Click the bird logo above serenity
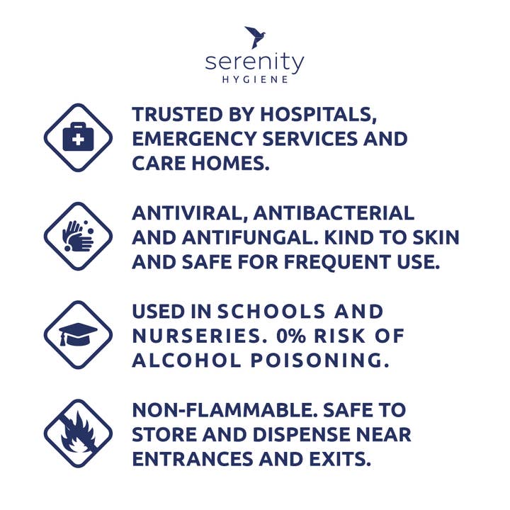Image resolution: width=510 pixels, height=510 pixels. coord(255,37)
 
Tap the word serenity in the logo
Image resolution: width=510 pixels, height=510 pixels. coord(255,62)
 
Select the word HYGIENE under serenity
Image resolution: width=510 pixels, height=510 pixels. coord(255,80)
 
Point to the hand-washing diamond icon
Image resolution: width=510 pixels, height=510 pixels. coord(78,237)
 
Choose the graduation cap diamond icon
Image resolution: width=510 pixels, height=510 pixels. coord(78,335)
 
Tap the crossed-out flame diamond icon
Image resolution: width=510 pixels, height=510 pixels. coord(78,433)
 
